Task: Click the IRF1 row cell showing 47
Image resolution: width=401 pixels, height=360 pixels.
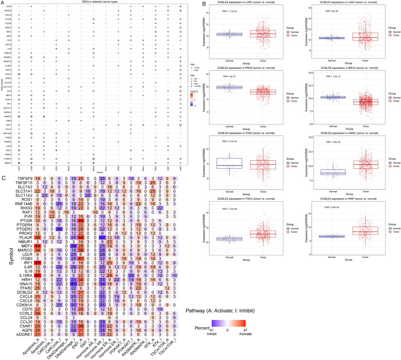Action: pos(24,277)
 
